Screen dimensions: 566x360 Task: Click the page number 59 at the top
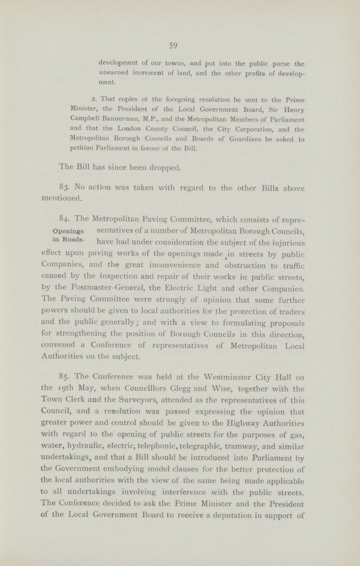point(180,45)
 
